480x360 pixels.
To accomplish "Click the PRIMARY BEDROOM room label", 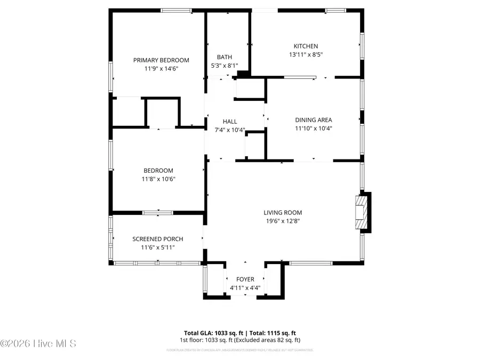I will (x=161, y=60).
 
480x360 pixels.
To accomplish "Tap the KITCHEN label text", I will (x=306, y=46).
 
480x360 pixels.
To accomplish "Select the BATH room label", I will (x=224, y=57).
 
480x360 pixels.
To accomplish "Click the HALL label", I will (x=230, y=122).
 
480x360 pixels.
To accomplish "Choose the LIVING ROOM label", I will (x=282, y=212).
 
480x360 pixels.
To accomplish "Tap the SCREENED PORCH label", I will (x=158, y=239).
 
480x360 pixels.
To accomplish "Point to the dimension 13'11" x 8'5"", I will (x=306, y=54).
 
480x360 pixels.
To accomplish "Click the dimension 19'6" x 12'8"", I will (x=282, y=221).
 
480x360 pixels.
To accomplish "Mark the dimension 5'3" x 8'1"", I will (x=224, y=66).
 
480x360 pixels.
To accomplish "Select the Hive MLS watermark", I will (x=38, y=343).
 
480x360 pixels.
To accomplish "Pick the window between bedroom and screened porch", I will (x=157, y=213).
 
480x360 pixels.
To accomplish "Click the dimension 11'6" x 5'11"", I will (x=158, y=247).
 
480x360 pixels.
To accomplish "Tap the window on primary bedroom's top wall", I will (x=176, y=10).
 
